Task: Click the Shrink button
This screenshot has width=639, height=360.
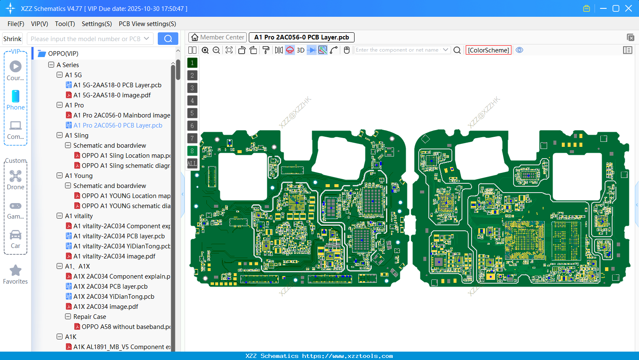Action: point(12,39)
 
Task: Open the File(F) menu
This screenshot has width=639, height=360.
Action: point(16,24)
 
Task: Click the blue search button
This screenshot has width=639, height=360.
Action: point(168,39)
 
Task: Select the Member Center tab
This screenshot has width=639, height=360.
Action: point(217,37)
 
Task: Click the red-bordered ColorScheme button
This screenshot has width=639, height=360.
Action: point(488,50)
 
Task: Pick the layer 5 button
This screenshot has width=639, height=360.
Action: point(192,113)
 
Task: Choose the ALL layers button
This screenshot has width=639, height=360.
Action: point(192,163)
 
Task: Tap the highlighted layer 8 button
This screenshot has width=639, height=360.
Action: point(192,151)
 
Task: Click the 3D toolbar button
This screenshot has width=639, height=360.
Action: point(300,50)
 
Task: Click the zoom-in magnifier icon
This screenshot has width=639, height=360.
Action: point(205,50)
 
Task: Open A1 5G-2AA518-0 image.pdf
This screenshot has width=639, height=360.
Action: point(112,95)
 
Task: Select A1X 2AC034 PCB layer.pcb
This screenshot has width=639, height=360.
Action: point(110,287)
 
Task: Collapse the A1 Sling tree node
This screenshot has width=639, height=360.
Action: point(60,136)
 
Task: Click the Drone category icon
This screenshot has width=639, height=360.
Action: point(16,180)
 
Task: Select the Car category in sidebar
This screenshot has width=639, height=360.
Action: point(16,239)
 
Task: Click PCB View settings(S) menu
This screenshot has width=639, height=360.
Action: point(147,24)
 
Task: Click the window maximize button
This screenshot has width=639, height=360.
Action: point(616,8)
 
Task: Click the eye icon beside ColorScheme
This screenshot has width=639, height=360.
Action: point(519,50)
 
